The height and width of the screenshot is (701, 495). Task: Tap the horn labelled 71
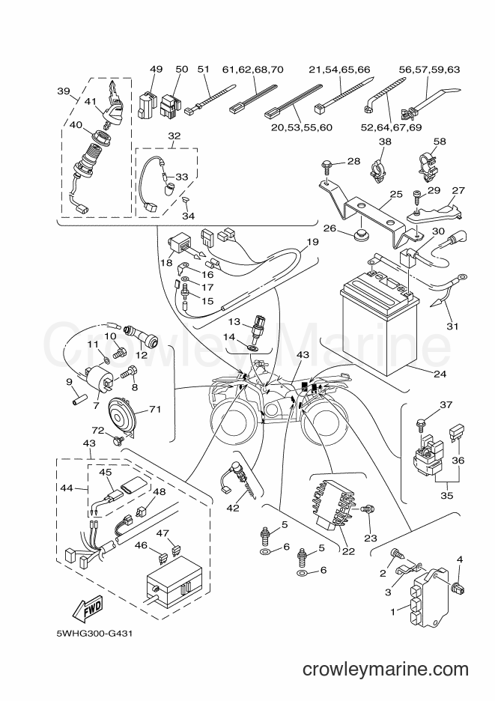[x=121, y=416]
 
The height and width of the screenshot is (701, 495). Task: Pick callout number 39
[x=64, y=91]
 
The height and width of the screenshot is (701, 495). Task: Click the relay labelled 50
[x=170, y=106]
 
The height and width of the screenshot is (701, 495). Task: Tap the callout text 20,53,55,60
[x=302, y=127]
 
